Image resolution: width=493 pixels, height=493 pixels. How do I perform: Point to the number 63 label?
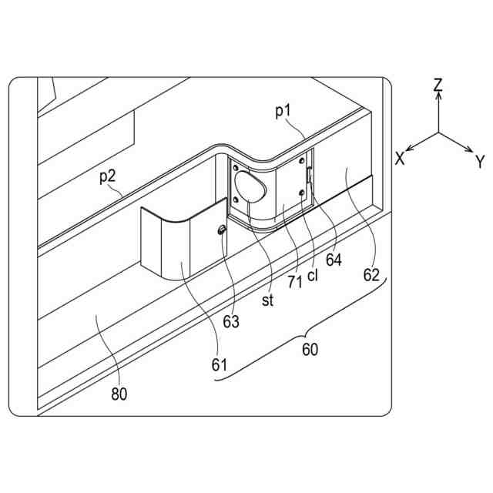(231, 321)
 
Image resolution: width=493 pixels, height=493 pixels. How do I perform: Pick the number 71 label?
(293, 282)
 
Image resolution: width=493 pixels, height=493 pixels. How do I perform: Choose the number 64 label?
(333, 260)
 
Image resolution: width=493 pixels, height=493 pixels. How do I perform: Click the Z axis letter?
(438, 86)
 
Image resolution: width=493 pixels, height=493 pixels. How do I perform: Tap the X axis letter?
(400, 158)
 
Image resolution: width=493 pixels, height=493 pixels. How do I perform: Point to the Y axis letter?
(479, 161)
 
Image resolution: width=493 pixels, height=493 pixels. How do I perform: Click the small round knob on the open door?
(222, 229)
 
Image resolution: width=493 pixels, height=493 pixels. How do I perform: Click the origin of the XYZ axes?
(438, 132)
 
